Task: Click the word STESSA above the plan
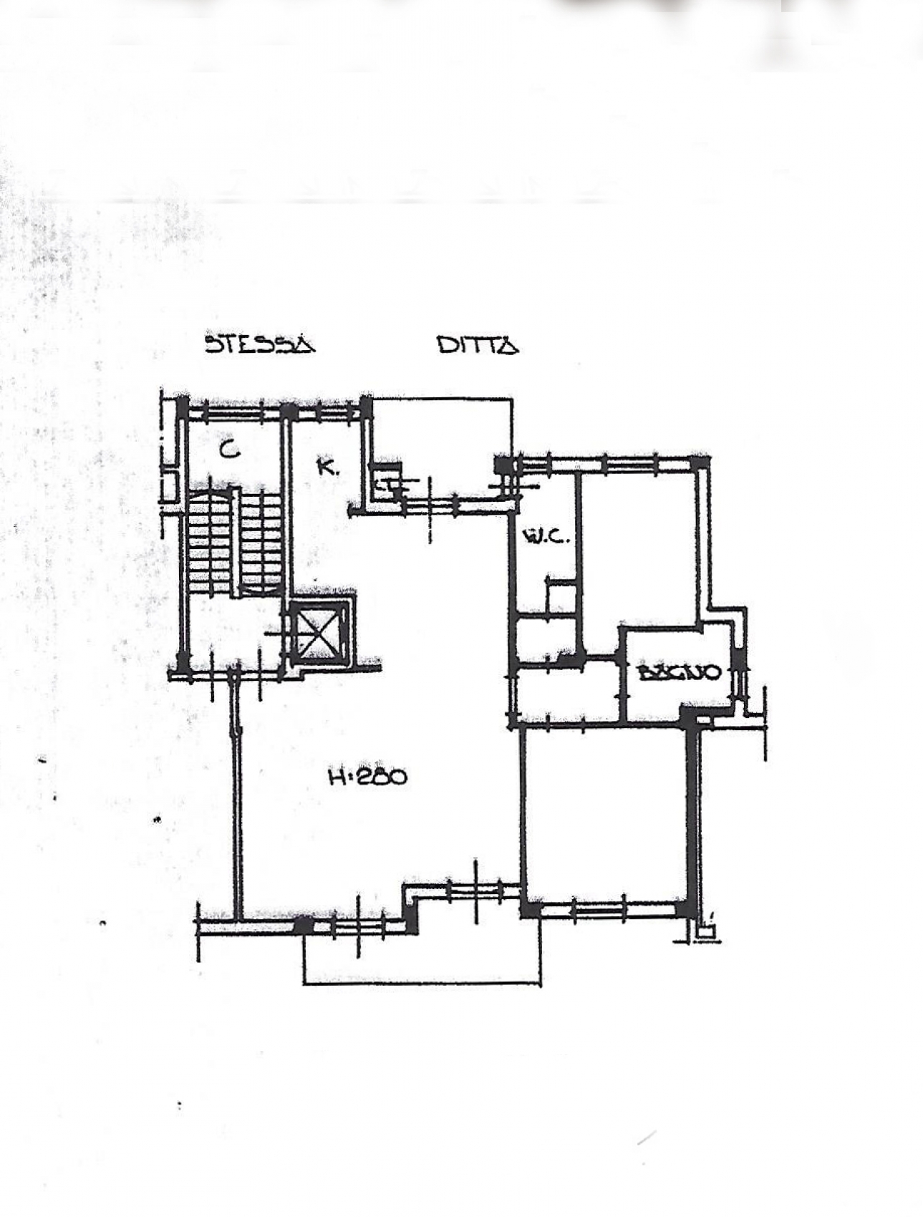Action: pyautogui.click(x=260, y=344)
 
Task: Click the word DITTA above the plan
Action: pyautogui.click(x=478, y=345)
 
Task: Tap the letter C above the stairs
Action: pyautogui.click(x=229, y=450)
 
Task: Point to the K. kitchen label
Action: pyautogui.click(x=327, y=467)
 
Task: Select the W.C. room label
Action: pyautogui.click(x=547, y=535)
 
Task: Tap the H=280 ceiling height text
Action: pyautogui.click(x=367, y=777)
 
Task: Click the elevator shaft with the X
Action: pyautogui.click(x=318, y=633)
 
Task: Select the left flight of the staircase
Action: pyautogui.click(x=210, y=542)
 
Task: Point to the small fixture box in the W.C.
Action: pyautogui.click(x=562, y=597)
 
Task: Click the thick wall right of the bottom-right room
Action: pyautogui.click(x=692, y=816)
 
